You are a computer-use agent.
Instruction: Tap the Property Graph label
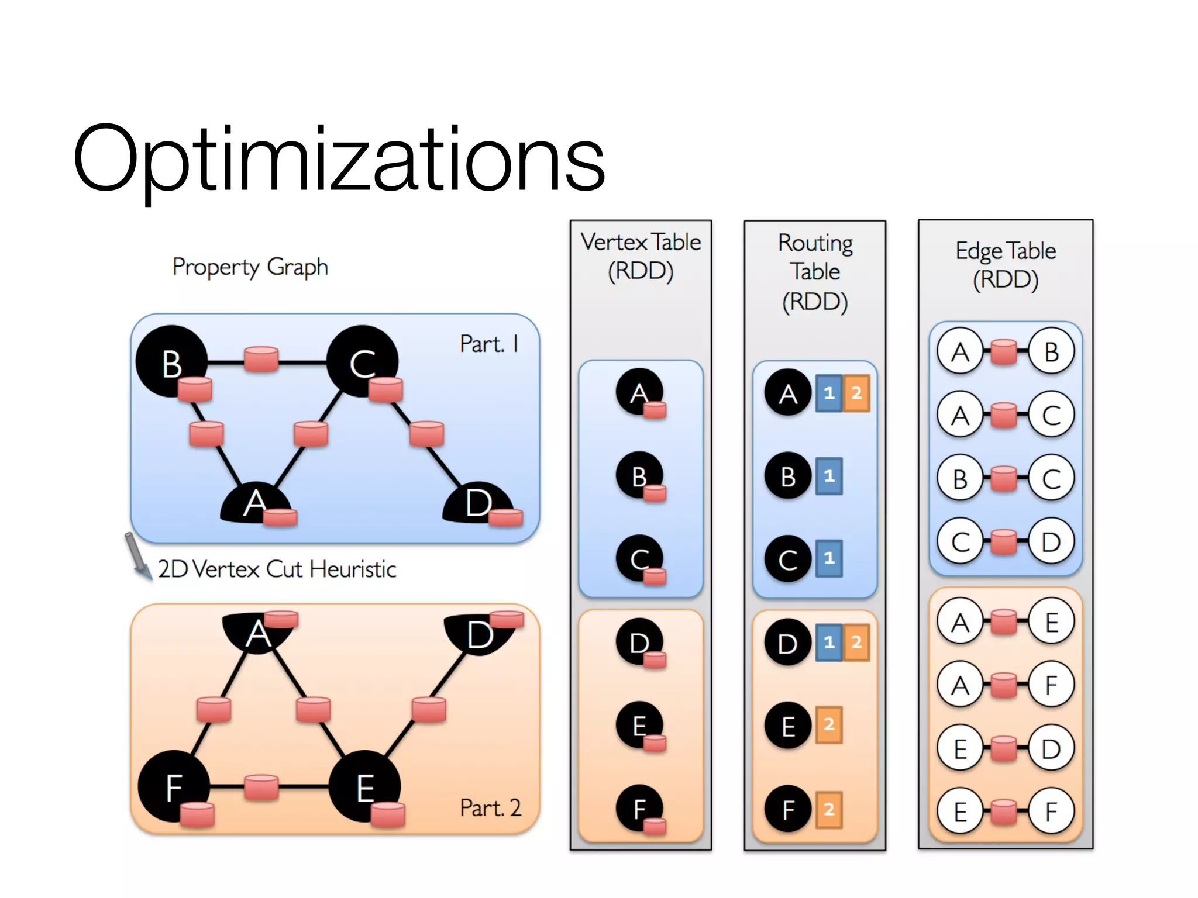(x=250, y=267)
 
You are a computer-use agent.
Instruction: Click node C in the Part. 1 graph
(x=362, y=361)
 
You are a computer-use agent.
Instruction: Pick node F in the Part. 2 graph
(x=174, y=786)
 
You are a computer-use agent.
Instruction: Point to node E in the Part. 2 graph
(x=365, y=786)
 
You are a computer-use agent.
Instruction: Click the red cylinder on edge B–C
(x=261, y=359)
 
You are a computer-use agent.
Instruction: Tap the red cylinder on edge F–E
(x=261, y=787)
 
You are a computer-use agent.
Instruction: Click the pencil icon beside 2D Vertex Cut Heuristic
(x=137, y=555)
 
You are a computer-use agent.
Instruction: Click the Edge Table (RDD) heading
(x=1006, y=265)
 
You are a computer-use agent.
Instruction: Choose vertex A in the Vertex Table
(x=639, y=392)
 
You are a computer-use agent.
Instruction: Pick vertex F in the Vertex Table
(x=639, y=808)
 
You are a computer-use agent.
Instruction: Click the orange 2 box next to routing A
(x=856, y=393)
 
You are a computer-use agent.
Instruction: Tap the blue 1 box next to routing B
(x=829, y=476)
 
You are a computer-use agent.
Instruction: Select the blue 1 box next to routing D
(x=829, y=643)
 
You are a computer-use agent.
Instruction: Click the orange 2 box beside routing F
(x=829, y=810)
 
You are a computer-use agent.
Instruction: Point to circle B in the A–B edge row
(x=1051, y=351)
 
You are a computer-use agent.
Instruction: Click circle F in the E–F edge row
(x=1051, y=811)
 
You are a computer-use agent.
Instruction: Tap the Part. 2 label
(x=490, y=808)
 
